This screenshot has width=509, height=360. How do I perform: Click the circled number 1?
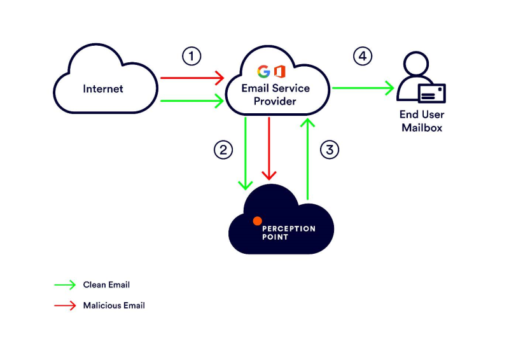coord(192,56)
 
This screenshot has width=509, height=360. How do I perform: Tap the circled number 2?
coord(223,149)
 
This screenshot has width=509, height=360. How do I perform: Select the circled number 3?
coord(330,149)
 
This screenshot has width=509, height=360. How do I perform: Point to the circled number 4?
coord(363,56)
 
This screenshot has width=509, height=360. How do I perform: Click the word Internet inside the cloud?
coord(103,88)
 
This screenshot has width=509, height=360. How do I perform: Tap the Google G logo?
coord(263,71)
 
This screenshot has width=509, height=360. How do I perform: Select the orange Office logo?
coord(280,71)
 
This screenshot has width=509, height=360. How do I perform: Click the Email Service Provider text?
coord(275,95)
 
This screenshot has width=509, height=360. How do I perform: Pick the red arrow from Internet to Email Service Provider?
coord(192,78)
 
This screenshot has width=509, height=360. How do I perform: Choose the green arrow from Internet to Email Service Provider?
coord(192,100)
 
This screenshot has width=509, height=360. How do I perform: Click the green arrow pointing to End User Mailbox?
coord(363,88)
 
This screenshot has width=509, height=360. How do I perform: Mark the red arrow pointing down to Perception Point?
coord(268,148)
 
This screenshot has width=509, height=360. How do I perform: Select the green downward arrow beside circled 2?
coord(246,153)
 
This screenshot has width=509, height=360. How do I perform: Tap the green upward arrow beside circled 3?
coord(307,159)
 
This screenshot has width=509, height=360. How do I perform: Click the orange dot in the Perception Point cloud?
coord(258,221)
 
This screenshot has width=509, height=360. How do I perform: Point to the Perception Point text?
coord(289,233)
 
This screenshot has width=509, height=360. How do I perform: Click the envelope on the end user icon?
coord(432,93)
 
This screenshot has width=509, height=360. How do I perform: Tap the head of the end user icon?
coord(416,64)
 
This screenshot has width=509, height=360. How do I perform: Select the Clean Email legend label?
coord(106,285)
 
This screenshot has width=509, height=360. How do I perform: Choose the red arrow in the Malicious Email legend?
coord(65,305)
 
